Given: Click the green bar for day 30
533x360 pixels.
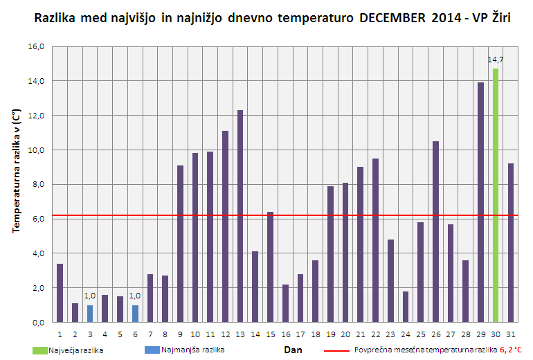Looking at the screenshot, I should [496, 195].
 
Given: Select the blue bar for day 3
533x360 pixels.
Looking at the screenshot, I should [90, 314].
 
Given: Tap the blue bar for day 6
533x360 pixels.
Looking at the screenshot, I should [135, 314].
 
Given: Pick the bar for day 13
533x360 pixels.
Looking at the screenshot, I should [240, 216].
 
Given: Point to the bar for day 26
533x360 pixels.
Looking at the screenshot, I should [435, 232].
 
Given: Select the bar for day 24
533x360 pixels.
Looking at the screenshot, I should [406, 307].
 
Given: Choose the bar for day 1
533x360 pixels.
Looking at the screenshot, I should [60, 293].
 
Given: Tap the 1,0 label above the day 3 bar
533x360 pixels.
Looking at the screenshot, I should [90, 296].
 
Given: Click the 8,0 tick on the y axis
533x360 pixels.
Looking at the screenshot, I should [37, 184].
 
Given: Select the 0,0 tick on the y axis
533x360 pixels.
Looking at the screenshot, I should [37, 323].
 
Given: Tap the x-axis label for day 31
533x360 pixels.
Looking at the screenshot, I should [510, 334].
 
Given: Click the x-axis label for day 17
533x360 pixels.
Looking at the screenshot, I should [300, 334].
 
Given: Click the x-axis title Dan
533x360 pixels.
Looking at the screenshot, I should [293, 350].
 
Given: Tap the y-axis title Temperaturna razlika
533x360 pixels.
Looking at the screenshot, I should [15, 171].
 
